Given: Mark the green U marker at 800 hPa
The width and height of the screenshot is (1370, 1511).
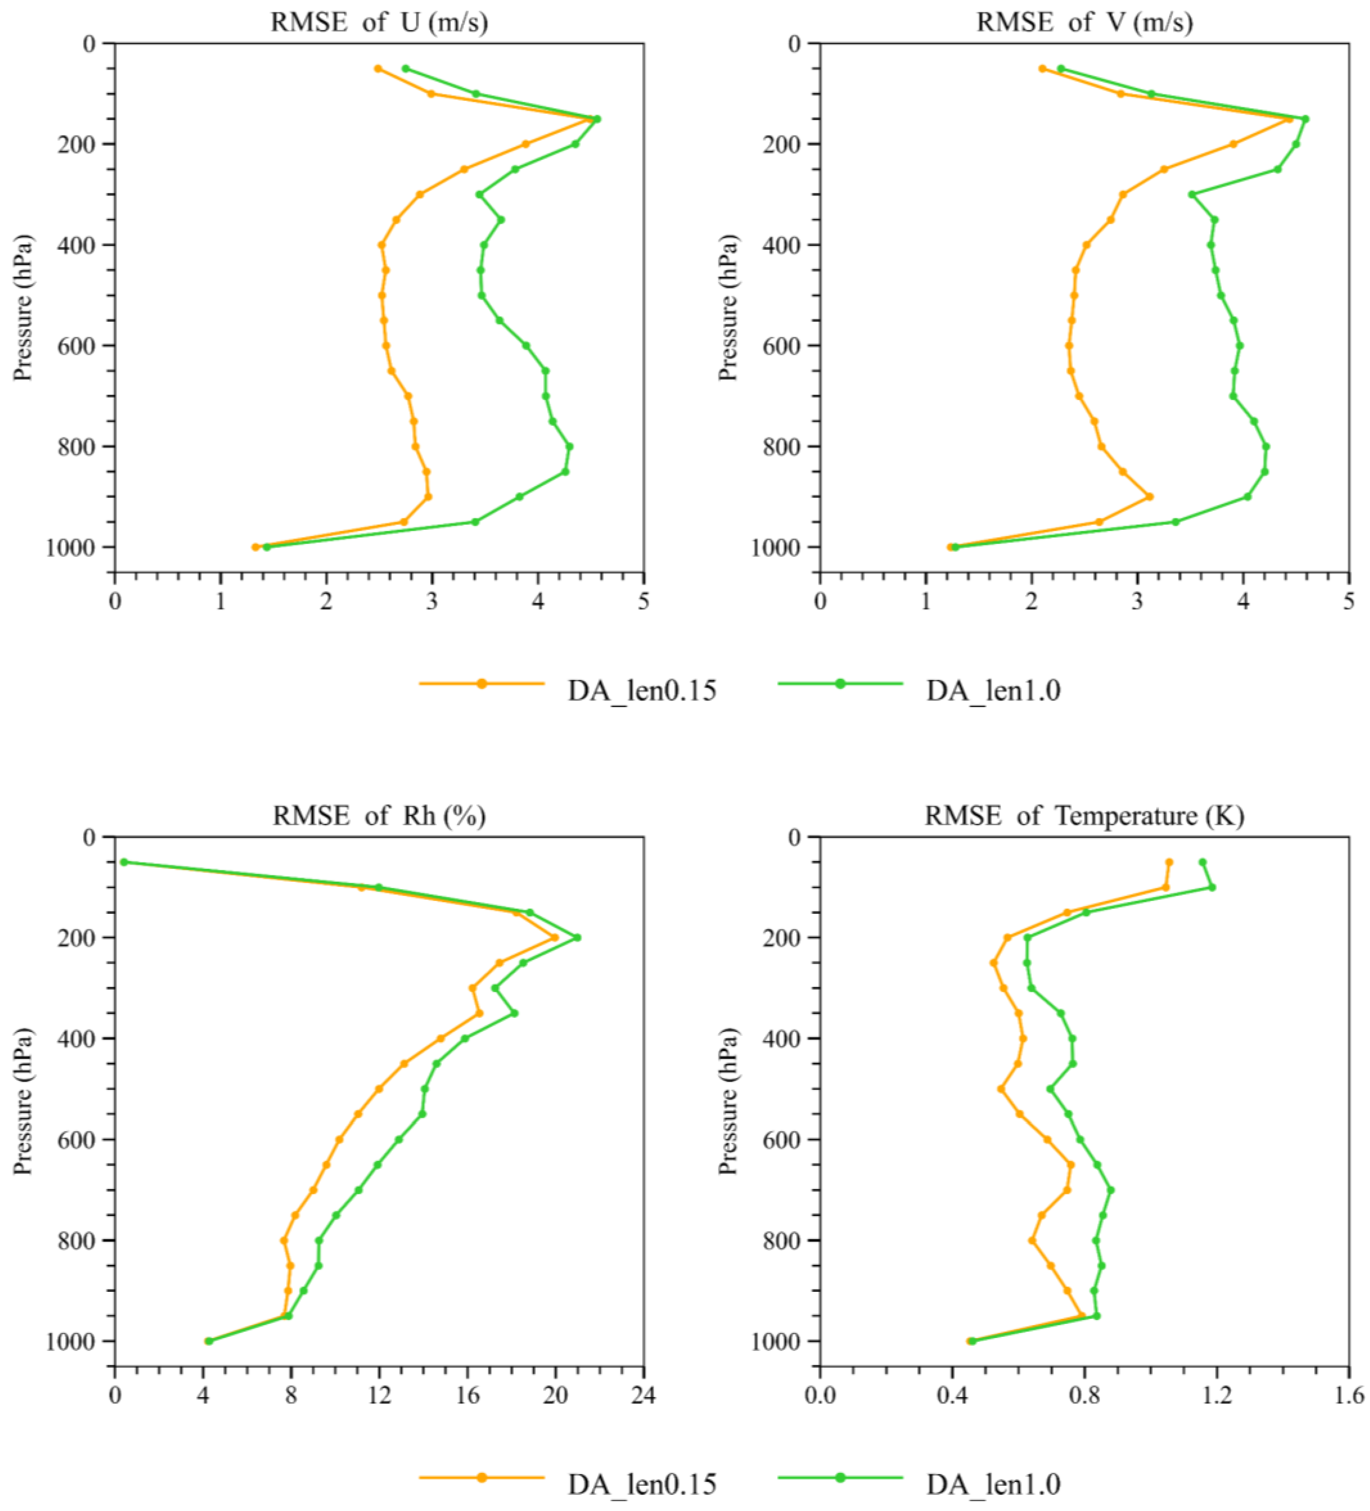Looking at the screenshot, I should (569, 447).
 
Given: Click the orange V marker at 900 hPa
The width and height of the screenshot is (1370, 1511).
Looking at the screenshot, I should (1149, 496).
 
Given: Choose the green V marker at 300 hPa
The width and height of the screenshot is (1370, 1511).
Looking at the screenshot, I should (1191, 194).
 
